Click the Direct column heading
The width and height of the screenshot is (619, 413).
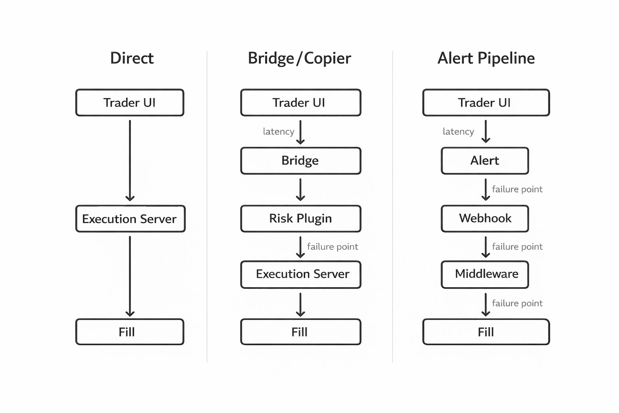tap(132, 58)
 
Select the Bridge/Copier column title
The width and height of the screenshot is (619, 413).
tap(299, 58)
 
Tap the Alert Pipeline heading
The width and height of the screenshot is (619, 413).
tap(486, 58)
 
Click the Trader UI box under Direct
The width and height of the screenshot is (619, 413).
tap(130, 103)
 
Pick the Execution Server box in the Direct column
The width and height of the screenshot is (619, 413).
tap(130, 219)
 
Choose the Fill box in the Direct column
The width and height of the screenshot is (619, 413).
tap(130, 332)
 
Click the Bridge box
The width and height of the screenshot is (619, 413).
tap(301, 161)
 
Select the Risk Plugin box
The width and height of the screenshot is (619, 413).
tap(301, 219)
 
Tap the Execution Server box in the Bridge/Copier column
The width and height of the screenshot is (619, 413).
tap(301, 274)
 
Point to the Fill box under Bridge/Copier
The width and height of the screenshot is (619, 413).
tap(301, 332)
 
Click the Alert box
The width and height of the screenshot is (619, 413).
tap(485, 161)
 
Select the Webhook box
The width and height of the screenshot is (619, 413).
tap(485, 219)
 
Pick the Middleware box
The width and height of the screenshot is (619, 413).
tap(485, 274)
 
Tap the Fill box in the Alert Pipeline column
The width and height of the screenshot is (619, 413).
tap(486, 332)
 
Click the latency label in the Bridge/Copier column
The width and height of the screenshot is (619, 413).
tap(278, 131)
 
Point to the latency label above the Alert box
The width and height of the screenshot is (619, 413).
tap(458, 131)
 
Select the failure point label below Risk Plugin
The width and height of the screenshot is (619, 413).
tap(332, 247)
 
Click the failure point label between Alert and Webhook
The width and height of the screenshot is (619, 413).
tap(517, 190)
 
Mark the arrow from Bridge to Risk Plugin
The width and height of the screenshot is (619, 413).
tap(301, 190)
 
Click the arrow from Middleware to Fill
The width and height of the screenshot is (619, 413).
tap(486, 305)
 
